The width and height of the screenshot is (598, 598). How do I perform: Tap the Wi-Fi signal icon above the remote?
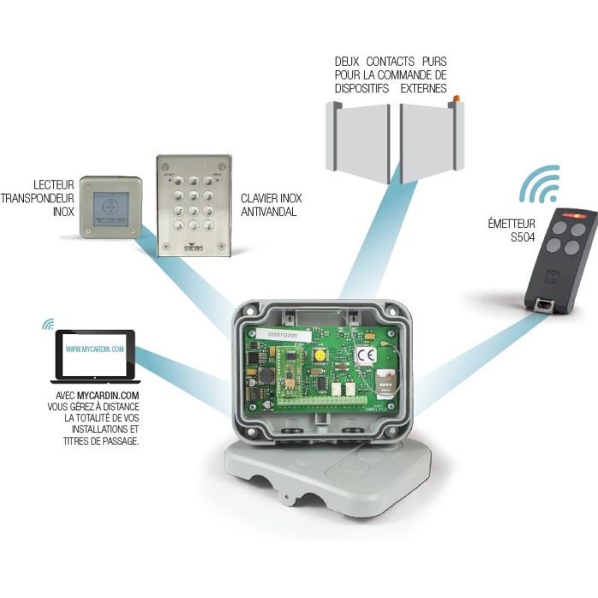[540, 185]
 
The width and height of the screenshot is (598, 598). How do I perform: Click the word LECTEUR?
[54, 184]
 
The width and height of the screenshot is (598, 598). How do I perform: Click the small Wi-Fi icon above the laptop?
[48, 324]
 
